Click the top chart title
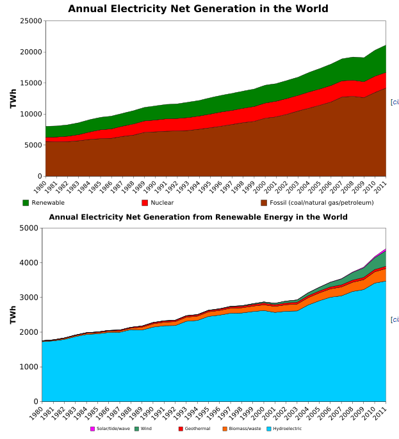[x=198, y=9]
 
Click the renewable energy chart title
[x=198, y=217]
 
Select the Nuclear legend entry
[x=162, y=203]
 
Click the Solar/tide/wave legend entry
[x=113, y=428]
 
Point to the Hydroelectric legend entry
[x=287, y=428]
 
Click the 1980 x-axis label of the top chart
[x=40, y=188]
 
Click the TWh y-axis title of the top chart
[x=13, y=99]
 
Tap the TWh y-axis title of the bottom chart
[x=13, y=314]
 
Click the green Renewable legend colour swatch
[x=26, y=203]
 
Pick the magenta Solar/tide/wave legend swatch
[x=92, y=428]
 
